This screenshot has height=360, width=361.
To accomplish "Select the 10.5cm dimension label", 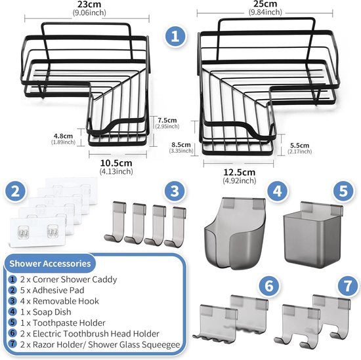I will [x=117, y=164].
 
